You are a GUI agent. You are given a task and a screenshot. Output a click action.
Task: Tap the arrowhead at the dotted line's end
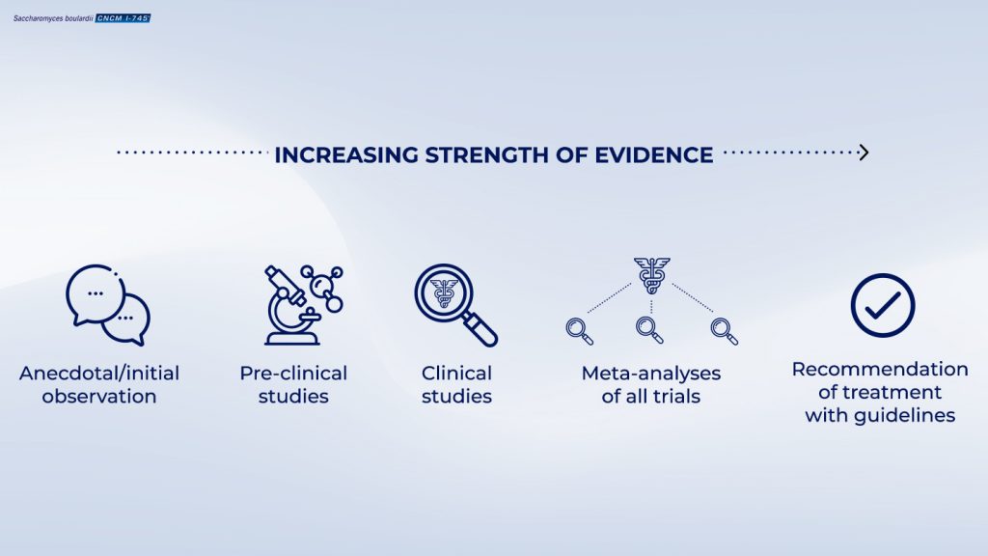864,153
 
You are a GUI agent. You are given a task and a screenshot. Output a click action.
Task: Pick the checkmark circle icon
882,305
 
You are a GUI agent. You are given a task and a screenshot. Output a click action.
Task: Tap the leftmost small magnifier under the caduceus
579,331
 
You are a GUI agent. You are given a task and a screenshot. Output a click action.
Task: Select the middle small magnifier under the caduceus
649,330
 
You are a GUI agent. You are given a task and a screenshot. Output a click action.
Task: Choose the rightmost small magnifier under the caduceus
724,331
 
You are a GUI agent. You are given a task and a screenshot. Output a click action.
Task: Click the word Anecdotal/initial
99,374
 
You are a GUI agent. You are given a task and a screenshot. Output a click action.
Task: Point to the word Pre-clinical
293,374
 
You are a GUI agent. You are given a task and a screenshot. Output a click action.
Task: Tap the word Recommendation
880,370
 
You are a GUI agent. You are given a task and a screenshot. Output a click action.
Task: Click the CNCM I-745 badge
123,18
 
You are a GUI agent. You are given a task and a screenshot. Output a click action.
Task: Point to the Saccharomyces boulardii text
53,18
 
